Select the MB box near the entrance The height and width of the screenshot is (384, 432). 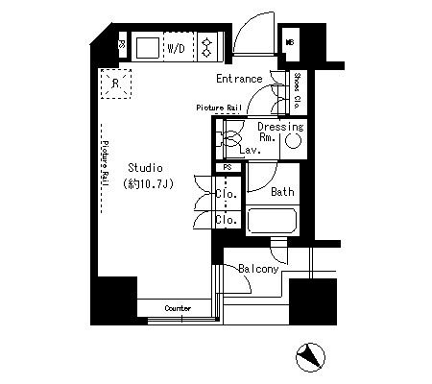point(290,42)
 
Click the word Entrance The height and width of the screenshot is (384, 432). point(239,79)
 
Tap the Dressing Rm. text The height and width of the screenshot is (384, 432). point(280,132)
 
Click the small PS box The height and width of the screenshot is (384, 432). point(227,167)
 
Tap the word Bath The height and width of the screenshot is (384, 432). point(282,192)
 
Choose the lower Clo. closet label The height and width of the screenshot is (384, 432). point(227,219)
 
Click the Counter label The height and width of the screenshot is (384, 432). point(178,308)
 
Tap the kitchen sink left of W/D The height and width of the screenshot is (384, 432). point(147,45)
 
